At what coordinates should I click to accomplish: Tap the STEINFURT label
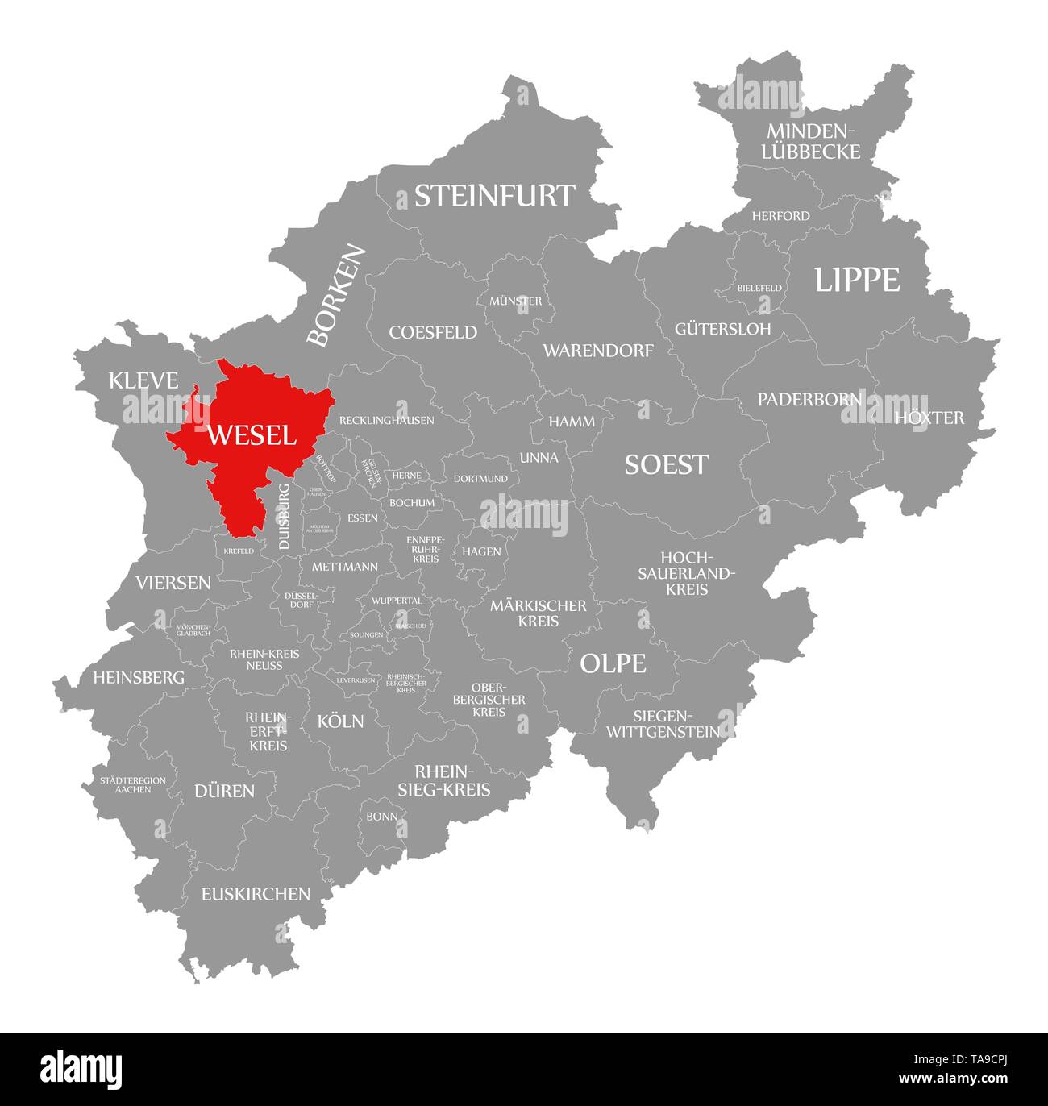pos(494,196)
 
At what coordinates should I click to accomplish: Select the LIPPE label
pos(856,280)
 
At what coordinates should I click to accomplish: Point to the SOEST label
pos(667,464)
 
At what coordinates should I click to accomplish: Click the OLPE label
pos(613,663)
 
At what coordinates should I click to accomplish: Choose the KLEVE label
pos(143,380)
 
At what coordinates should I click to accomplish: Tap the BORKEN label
pos(337,296)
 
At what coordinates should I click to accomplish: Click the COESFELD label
pos(433,332)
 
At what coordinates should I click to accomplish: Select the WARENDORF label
pos(598,350)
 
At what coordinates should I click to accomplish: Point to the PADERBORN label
pos(809,399)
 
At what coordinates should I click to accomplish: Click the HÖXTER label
pos(929,418)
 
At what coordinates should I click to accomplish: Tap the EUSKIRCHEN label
pos(256,893)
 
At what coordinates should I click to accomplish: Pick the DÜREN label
pos(224,791)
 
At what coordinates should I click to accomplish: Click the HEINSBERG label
pos(139,677)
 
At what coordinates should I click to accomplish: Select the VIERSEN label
pos(173,582)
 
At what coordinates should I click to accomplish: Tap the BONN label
pos(381,816)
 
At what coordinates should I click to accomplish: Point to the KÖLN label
pos(340,721)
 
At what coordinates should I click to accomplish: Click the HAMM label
pos(572,421)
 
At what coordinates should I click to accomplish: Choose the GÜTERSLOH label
pos(722,329)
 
